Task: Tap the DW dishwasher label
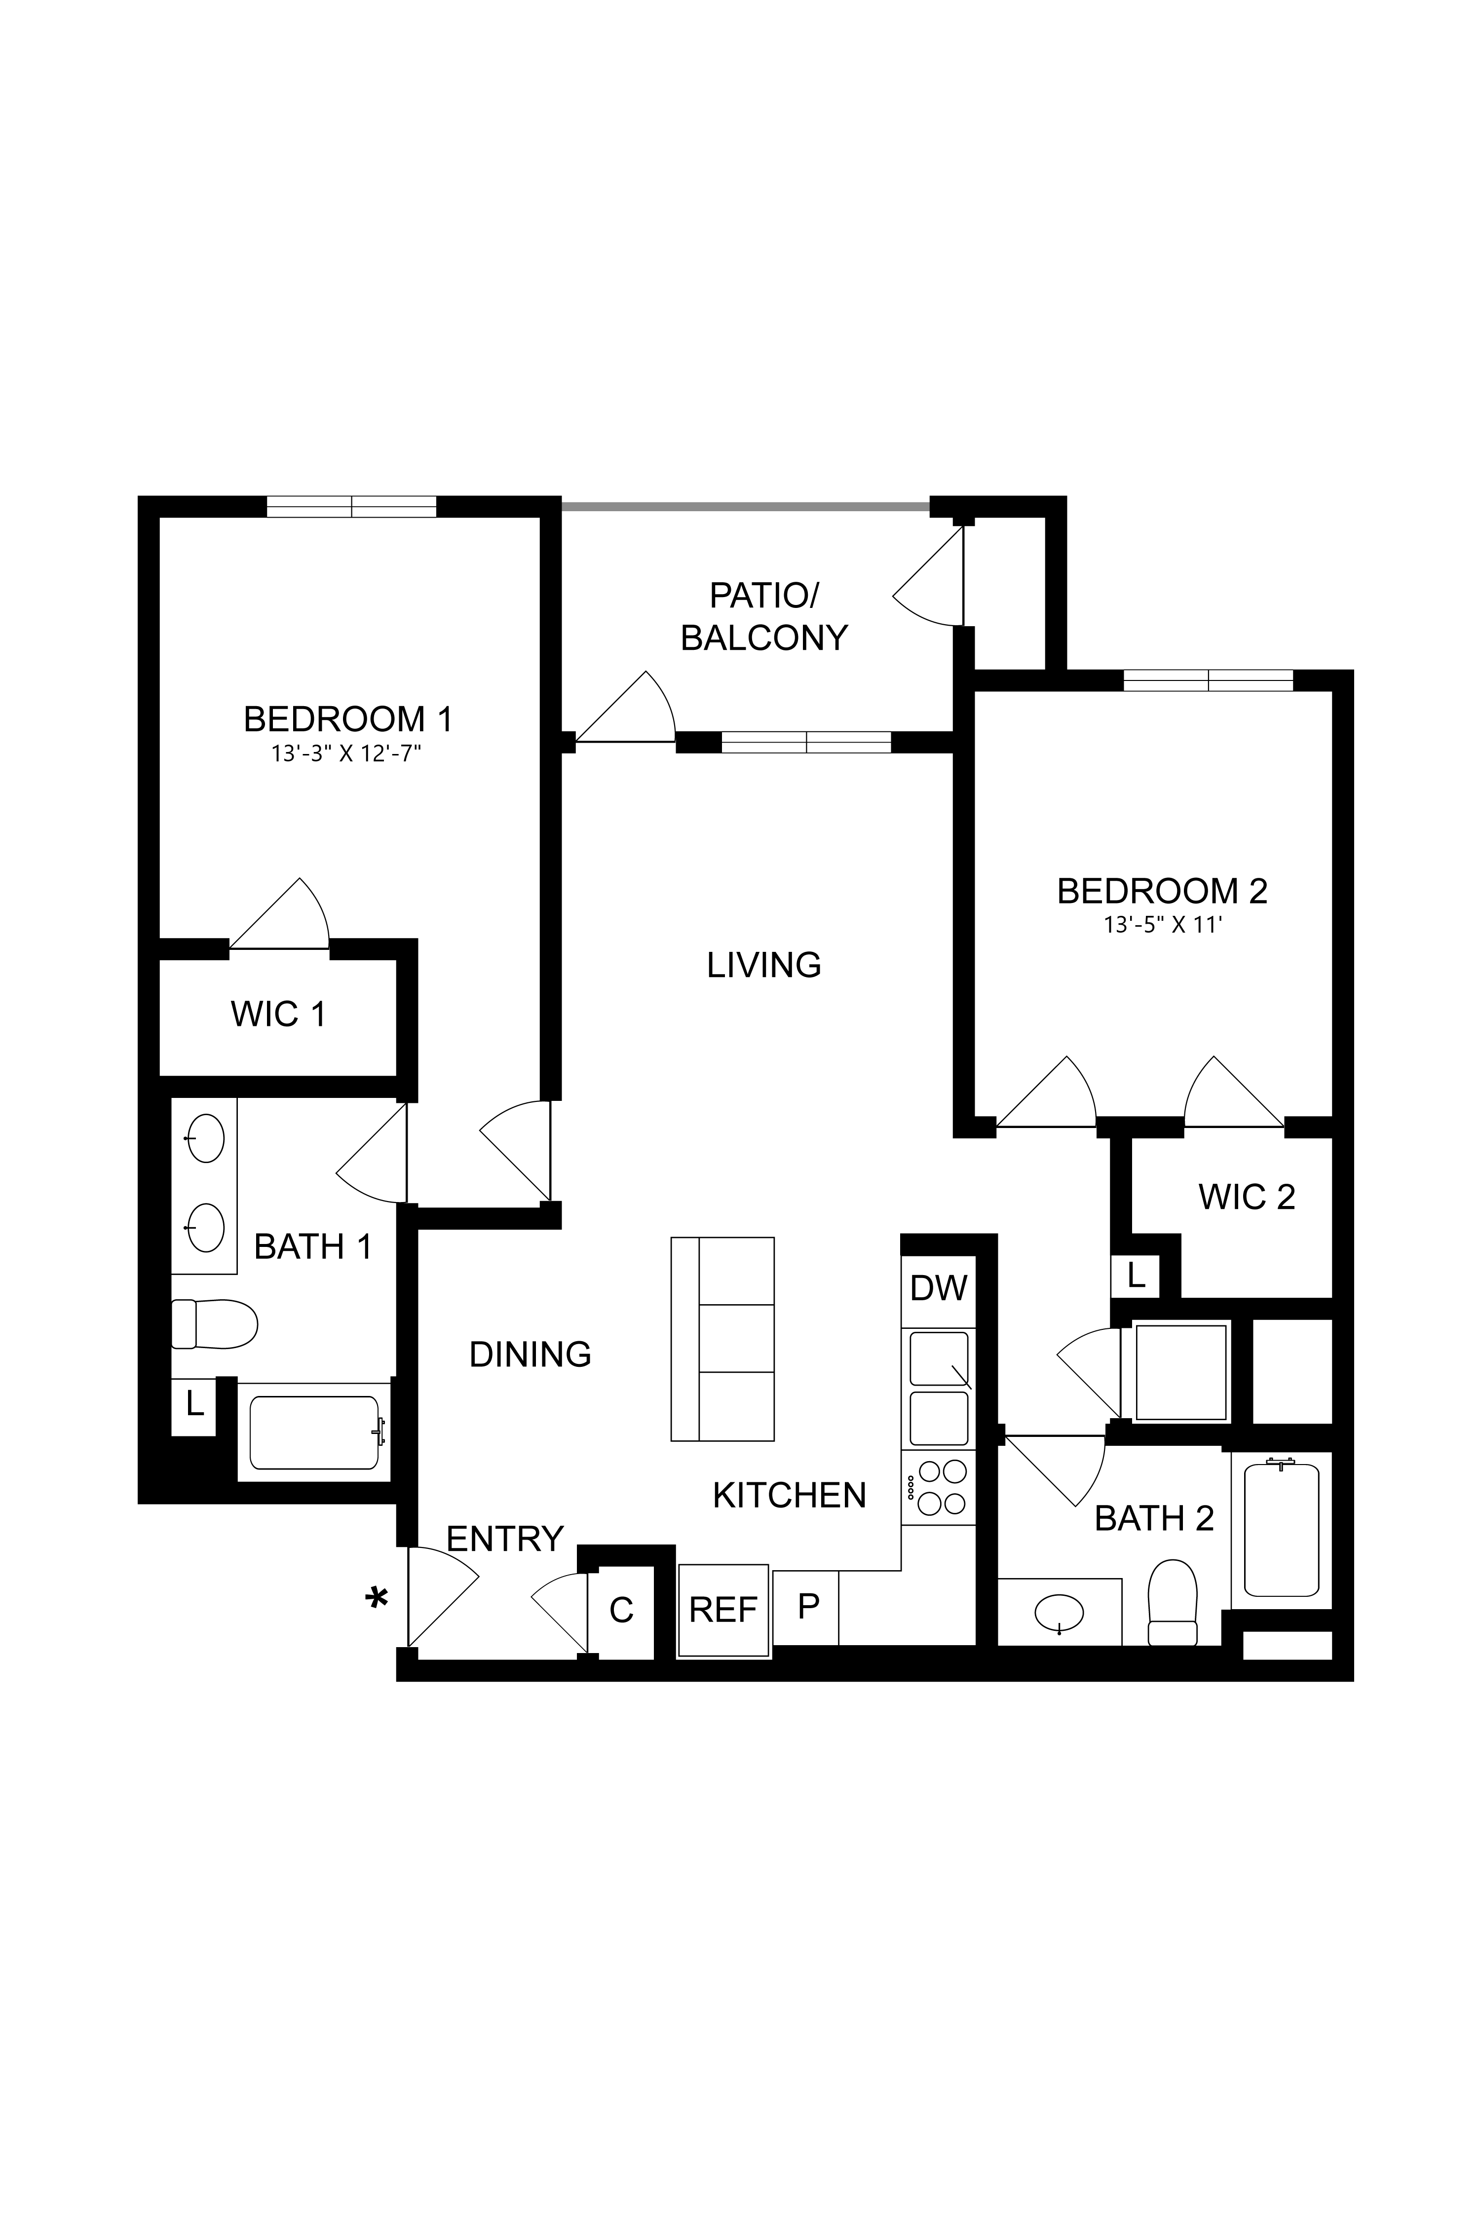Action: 938,1287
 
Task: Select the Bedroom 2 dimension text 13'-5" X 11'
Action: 1163,926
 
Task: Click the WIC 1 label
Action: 278,1015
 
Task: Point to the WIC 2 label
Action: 1246,1197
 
